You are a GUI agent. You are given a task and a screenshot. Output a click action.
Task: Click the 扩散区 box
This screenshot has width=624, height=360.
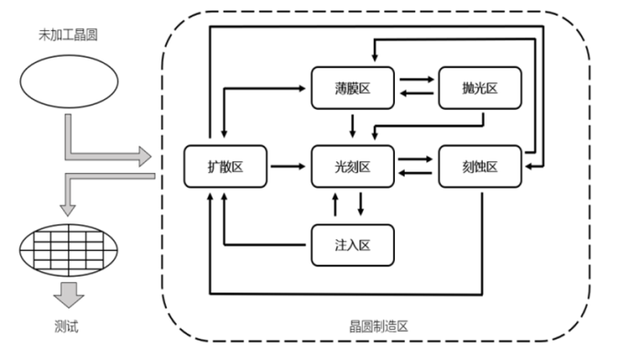pyautogui.click(x=225, y=167)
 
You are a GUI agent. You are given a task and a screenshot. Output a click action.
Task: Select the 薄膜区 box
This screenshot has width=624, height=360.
pyautogui.click(x=353, y=88)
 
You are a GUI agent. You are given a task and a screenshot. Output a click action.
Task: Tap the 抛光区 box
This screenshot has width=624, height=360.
pyautogui.click(x=480, y=88)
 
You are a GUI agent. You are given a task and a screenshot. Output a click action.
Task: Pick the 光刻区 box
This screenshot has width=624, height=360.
pyautogui.click(x=353, y=167)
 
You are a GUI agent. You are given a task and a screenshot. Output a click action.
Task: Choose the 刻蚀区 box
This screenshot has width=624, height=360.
pyautogui.click(x=480, y=167)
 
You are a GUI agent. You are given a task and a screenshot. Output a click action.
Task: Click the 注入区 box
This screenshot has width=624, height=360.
pyautogui.click(x=353, y=245)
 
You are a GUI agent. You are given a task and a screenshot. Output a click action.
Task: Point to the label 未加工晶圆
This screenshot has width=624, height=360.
pyautogui.click(x=68, y=35)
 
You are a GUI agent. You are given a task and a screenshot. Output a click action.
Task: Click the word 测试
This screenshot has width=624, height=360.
pyautogui.click(x=67, y=327)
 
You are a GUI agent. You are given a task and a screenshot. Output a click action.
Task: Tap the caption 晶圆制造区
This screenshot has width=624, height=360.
pyautogui.click(x=378, y=327)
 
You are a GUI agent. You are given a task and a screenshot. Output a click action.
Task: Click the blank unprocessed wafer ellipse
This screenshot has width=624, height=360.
pyautogui.click(x=69, y=82)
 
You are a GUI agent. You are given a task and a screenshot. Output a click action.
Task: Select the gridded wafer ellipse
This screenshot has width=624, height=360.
pyautogui.click(x=69, y=250)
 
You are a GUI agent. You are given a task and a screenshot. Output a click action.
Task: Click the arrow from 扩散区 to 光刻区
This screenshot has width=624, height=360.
pyautogui.click(x=288, y=167)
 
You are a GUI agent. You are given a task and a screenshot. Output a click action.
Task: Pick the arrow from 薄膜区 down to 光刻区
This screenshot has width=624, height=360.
pyautogui.click(x=352, y=126)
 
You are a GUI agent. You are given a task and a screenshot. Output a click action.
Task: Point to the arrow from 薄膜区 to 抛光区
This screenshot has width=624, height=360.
pyautogui.click(x=417, y=80)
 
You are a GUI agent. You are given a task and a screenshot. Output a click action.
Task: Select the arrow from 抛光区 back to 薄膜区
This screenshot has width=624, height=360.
pyautogui.click(x=417, y=93)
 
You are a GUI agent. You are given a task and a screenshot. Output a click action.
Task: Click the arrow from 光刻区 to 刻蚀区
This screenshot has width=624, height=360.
pyautogui.click(x=415, y=159)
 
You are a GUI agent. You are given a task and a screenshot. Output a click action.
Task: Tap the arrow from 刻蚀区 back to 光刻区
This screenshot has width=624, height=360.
pyautogui.click(x=415, y=173)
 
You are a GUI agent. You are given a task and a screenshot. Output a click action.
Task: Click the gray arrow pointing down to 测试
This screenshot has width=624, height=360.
pyautogui.click(x=69, y=295)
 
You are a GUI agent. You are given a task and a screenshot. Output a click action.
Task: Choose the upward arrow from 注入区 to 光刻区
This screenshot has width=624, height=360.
pyautogui.click(x=335, y=204)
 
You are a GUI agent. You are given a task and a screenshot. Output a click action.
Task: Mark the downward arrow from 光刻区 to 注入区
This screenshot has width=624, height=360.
pyautogui.click(x=360, y=204)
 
